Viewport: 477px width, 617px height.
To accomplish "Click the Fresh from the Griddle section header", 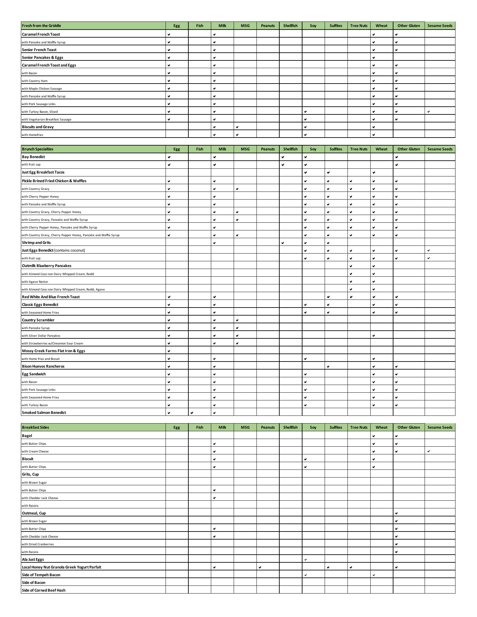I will pos(41,26).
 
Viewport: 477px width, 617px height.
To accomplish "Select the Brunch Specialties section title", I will pos(38,149).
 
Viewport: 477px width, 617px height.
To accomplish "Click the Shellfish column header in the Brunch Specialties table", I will pos(290,149).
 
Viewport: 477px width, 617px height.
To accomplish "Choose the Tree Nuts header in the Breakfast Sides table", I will pos(359,427).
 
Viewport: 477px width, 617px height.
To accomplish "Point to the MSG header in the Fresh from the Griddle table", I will pos(245,26).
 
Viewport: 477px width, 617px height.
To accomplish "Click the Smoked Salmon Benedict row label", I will pos(44,413).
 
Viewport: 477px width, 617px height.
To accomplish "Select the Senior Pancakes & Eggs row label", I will pos(42,58).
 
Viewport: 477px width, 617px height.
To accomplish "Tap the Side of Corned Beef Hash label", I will pos(44,590).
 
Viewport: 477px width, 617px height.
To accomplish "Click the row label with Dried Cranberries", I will pos(38,544).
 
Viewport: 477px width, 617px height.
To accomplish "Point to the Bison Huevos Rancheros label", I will pos(43,366).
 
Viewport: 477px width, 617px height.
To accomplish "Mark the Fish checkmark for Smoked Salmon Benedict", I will pos(192,413).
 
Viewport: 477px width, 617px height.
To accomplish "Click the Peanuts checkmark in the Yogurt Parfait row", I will pos(260,568).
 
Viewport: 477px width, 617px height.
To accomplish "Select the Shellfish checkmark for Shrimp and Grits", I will pos(283,243).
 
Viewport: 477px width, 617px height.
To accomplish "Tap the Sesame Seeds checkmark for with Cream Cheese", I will pos(428,452).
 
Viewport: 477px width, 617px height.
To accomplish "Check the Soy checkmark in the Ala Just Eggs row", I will pos(305,560).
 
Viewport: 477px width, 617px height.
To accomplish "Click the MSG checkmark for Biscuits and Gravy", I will pos(237,127).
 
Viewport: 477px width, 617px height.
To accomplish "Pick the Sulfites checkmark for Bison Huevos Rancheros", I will pos(328,367).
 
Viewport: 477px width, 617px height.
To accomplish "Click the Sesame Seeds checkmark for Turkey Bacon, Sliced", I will pos(428,112).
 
